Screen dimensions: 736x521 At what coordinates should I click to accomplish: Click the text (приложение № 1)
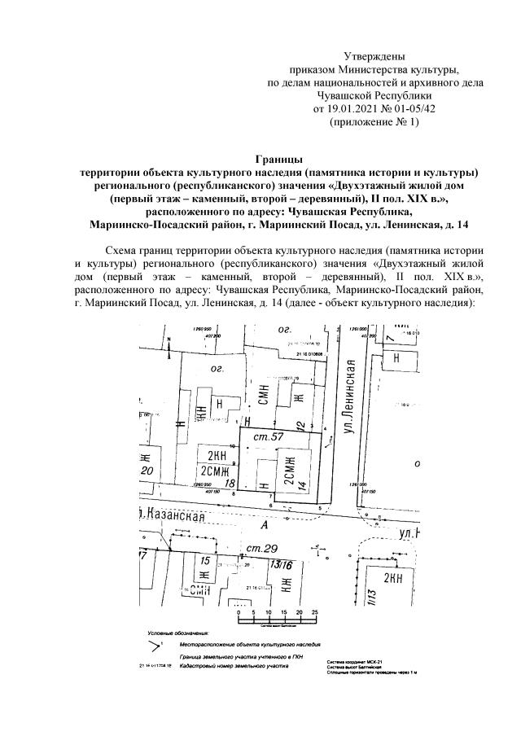(375, 121)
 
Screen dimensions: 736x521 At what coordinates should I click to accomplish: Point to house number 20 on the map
(147, 471)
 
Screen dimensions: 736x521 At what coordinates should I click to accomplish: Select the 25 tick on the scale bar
(315, 612)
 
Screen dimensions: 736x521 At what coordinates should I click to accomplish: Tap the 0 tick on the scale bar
(239, 612)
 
